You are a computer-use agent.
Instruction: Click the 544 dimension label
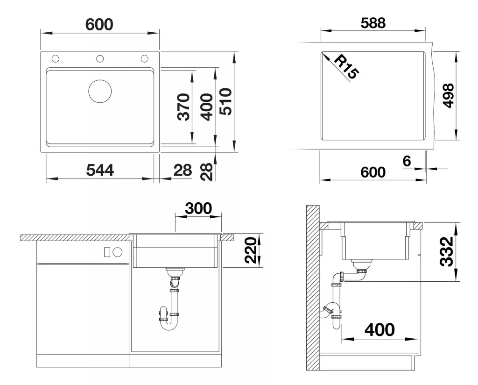100,170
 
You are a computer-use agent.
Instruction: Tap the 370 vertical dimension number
184,107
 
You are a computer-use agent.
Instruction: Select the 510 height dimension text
226,101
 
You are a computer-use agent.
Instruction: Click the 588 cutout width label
373,23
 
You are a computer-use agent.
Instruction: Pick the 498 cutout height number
448,95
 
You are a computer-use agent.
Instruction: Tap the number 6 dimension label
407,161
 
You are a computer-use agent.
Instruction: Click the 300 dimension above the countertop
198,208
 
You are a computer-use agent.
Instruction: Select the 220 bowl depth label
252,250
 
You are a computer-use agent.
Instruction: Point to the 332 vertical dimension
447,252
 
